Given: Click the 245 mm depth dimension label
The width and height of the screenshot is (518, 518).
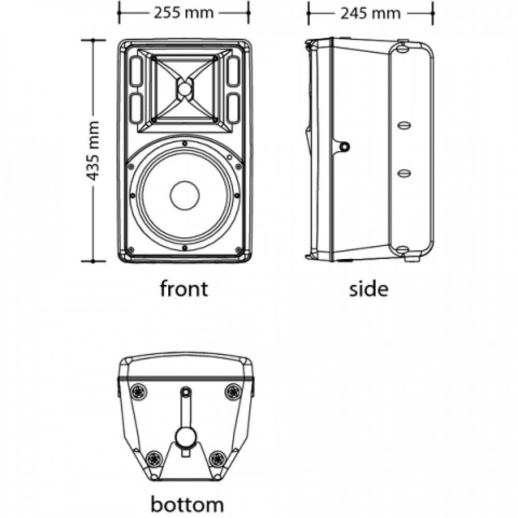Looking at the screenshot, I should [x=370, y=12].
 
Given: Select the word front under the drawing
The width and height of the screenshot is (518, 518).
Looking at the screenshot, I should [x=184, y=289].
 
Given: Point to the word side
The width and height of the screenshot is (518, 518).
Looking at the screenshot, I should [x=368, y=289].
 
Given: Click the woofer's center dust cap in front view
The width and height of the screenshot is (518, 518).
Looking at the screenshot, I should [x=185, y=195].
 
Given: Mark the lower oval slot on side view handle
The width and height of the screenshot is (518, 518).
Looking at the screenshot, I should [x=404, y=173].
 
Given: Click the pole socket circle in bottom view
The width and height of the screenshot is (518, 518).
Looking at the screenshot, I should [x=185, y=437].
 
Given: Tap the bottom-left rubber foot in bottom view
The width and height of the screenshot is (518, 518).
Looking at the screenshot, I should [x=153, y=458].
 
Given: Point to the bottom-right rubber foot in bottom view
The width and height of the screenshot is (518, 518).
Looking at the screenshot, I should [x=218, y=458].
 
